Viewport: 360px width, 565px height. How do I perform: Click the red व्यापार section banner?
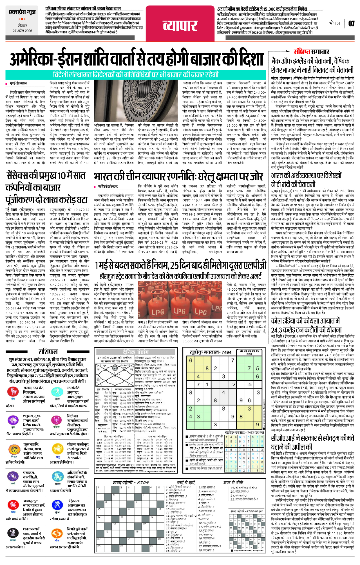[180, 25]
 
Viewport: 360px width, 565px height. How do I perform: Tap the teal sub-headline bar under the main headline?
[136, 75]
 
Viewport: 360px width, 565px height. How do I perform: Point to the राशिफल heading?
[48, 351]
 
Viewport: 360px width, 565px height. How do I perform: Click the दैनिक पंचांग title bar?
[137, 352]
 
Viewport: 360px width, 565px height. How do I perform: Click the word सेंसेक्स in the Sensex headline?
[21, 176]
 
